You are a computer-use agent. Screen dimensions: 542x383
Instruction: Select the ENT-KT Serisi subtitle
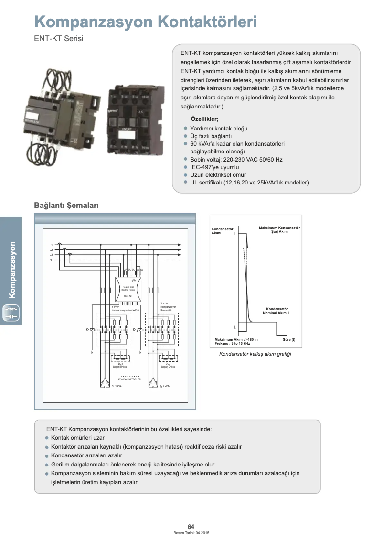click(x=59, y=39)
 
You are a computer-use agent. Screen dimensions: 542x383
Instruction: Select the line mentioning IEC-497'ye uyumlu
click(x=214, y=167)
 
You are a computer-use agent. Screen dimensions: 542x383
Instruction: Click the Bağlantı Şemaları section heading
click(x=66, y=205)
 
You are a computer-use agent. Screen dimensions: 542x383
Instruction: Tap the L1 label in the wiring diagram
click(x=51, y=245)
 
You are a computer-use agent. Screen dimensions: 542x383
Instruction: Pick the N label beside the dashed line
click(x=51, y=260)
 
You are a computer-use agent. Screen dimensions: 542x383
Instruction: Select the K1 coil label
click(x=88, y=330)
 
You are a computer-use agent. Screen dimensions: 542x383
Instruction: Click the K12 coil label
click(x=135, y=330)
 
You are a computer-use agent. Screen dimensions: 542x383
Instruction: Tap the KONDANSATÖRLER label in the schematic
click(x=129, y=379)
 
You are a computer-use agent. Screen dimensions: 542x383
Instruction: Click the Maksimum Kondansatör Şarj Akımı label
click(x=279, y=230)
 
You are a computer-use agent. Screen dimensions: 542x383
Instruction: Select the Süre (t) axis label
click(x=289, y=339)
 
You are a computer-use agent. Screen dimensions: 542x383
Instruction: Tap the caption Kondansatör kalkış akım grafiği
click(x=255, y=354)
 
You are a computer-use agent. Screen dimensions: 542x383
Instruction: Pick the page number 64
click(x=191, y=527)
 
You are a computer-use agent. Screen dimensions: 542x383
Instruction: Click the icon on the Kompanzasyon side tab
click(x=11, y=314)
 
